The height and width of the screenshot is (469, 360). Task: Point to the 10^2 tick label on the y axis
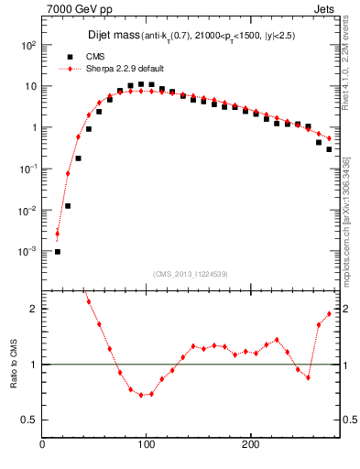[x=27, y=45]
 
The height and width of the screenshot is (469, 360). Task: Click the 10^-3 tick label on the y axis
[x=27, y=251]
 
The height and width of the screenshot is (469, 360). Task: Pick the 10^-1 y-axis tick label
[x=27, y=169]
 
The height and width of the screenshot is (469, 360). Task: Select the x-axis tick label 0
[x=42, y=445]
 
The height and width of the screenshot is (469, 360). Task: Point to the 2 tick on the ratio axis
[x=33, y=309]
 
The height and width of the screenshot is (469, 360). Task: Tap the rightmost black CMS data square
[x=329, y=149]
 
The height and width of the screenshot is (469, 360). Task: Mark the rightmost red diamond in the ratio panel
[x=329, y=313]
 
